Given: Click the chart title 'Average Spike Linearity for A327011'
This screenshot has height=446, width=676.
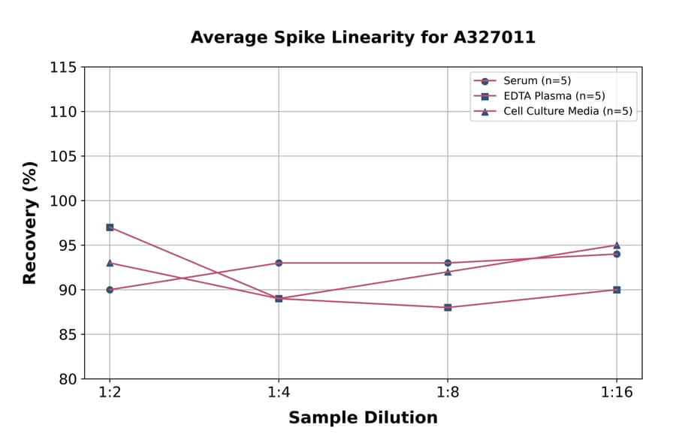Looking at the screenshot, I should (x=363, y=38).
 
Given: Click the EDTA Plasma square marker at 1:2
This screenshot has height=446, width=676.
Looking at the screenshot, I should (x=110, y=227).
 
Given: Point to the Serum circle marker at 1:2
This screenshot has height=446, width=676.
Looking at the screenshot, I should (x=110, y=290).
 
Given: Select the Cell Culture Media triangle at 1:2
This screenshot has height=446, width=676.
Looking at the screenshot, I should (x=110, y=263).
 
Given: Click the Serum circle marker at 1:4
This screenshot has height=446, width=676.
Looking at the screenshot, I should (x=279, y=263).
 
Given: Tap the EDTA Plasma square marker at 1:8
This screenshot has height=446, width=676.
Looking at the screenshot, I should (x=448, y=307).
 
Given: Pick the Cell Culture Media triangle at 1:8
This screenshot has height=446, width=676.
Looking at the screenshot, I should (x=448, y=272).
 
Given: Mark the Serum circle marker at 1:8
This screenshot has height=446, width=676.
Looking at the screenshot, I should (x=448, y=263).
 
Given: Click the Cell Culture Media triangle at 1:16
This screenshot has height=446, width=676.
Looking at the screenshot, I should (x=617, y=245).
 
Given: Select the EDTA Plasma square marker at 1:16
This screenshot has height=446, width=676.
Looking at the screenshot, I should (x=617, y=290).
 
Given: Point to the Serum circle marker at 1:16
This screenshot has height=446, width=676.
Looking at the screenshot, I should (x=617, y=254).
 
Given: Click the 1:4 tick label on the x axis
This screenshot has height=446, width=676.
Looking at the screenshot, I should (x=279, y=393).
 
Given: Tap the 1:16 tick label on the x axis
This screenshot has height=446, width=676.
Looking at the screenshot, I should (x=617, y=393).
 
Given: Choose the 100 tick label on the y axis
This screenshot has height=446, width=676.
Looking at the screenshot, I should (x=63, y=201).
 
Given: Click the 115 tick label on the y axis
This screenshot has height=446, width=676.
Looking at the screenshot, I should (x=63, y=68).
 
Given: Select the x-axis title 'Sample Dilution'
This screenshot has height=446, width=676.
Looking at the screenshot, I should (x=363, y=418).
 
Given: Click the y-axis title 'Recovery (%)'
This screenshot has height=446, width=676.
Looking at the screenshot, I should (x=30, y=223).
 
